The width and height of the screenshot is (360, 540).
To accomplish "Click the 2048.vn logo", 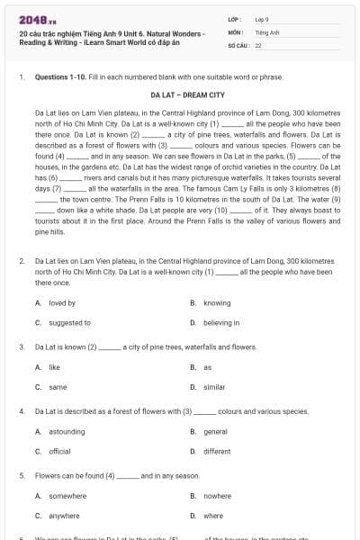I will pos(32,18).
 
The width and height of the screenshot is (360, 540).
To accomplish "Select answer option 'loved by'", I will pos(62,303).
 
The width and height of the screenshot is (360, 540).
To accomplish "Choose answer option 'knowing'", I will pos(216,303).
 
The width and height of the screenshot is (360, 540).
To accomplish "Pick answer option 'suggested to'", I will pos(69,322).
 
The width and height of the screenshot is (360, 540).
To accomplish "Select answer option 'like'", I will pos(54,367).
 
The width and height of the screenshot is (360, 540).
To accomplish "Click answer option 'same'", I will pos(58,386).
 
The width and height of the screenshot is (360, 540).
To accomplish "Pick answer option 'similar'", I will pos(214,386).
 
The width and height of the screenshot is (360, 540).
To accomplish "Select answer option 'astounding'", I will pos(67,432).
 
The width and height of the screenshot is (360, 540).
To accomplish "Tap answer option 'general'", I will pos(215,432).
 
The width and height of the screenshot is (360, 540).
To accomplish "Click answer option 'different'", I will pos(217,451).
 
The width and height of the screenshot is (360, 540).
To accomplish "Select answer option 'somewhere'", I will pos(67,496).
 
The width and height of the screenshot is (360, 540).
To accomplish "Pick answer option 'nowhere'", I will pos(217,496).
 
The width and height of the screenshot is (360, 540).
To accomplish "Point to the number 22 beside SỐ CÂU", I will pos(258,44).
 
